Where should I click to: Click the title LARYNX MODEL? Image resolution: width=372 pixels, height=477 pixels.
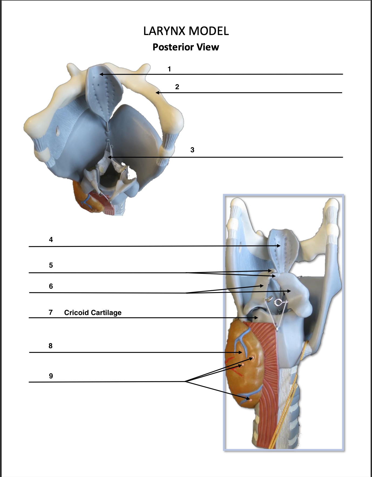186,31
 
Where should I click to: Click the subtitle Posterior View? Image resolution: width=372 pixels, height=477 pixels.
186,47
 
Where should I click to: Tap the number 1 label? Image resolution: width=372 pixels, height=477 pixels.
169,69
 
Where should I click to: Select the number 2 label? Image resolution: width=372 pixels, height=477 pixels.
177,87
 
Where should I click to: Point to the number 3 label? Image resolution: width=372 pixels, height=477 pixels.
192,150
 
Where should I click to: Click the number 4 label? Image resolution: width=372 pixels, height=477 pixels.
51,240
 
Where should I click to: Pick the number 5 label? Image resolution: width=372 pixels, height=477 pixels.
51,265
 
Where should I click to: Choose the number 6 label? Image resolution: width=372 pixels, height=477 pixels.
51,286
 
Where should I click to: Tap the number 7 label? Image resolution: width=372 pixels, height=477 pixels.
50,312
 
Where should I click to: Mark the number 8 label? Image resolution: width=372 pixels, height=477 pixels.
50,346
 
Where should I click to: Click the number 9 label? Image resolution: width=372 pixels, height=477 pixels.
51,376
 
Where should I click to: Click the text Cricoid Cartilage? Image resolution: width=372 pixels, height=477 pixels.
93,313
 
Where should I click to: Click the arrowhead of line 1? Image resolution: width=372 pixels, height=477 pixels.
101,74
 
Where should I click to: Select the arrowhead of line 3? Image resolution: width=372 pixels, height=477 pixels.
109,157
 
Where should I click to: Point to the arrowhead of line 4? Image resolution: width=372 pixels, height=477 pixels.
279,246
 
